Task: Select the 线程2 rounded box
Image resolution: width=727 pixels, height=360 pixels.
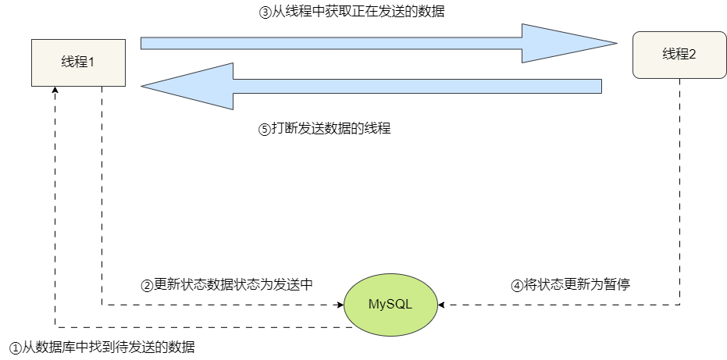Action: point(679,55)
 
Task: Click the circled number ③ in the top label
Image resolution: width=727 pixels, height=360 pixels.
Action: point(265,13)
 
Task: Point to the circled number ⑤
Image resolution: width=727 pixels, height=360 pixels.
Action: point(264,130)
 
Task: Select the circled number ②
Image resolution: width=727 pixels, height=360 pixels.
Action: point(147,285)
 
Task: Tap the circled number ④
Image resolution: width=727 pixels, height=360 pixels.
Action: point(517,285)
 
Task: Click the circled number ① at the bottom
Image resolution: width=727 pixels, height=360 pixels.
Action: point(15,347)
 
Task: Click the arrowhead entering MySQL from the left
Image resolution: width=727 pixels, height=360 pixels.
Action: point(341,304)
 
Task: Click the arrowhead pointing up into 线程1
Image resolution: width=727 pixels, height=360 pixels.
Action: point(55,91)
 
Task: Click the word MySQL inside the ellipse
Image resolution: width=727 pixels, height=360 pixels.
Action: point(390,304)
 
